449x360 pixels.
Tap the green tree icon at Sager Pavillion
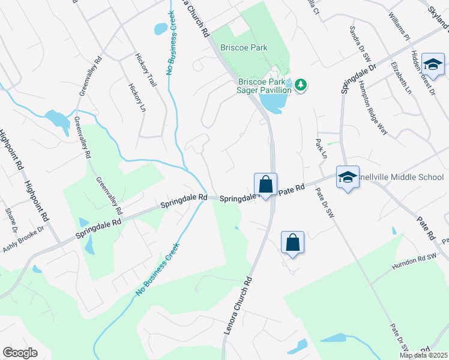(x=301, y=86)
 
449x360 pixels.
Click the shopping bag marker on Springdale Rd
(x=265, y=183)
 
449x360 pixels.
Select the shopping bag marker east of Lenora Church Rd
(x=292, y=242)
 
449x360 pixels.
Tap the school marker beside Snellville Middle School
(x=348, y=177)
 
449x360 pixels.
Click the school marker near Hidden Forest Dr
(x=433, y=64)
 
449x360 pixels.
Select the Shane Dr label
(x=11, y=220)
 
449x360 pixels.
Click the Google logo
(x=20, y=353)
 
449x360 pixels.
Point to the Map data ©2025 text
(x=423, y=355)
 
